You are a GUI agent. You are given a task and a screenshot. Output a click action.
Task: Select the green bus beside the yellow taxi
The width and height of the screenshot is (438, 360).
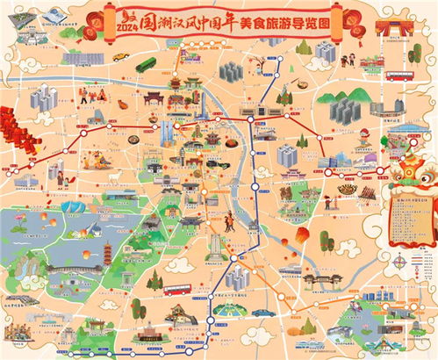click(x=146, y=64)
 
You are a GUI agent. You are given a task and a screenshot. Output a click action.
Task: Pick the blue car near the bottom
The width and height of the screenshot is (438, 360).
click(x=261, y=312)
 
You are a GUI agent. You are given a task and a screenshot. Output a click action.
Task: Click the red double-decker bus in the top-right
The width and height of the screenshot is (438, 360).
click(x=399, y=76)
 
